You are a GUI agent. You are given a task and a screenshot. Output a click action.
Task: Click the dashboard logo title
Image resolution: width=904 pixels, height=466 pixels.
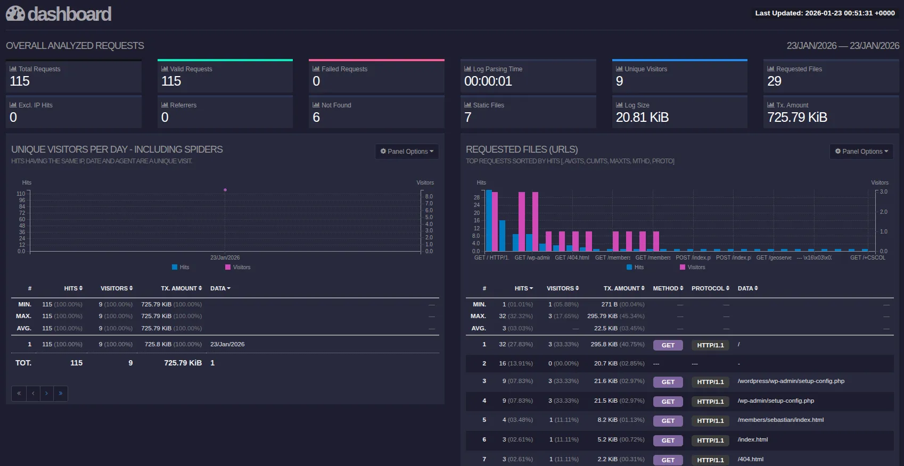point(59,14)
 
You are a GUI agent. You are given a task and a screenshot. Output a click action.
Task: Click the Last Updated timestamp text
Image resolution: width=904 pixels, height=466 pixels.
point(824,13)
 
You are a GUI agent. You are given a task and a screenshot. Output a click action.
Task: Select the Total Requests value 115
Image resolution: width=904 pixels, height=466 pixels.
point(20,81)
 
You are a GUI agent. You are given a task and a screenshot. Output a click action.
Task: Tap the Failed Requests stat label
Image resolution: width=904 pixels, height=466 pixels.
point(344,69)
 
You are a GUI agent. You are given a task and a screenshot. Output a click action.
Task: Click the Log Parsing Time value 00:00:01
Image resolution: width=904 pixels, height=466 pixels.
point(488,81)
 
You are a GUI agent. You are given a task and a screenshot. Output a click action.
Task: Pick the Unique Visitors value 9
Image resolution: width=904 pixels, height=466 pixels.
point(619,81)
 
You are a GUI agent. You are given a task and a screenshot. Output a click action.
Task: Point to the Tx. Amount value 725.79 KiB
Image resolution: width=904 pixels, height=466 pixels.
point(797,118)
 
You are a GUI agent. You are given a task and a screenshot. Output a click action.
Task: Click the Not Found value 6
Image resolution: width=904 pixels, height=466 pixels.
point(316,118)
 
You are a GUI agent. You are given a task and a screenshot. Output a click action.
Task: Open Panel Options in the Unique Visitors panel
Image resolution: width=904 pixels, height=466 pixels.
point(407,152)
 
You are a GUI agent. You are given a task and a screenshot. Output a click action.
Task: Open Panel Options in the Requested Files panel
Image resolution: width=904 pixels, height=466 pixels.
point(861,152)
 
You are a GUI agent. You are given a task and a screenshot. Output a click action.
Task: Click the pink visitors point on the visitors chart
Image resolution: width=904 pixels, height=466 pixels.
point(225,190)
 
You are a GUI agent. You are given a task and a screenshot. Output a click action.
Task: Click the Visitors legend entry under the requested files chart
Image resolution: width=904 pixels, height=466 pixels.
point(692,268)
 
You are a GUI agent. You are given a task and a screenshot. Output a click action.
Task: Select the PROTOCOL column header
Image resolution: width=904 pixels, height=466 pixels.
point(710,288)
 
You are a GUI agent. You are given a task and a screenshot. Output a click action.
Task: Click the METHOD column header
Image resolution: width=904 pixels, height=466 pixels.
point(668,288)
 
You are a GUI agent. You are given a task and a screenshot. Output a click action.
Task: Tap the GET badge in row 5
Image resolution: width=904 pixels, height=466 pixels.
point(668,421)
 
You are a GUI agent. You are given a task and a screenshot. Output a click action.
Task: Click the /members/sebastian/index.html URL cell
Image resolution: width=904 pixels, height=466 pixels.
point(780,420)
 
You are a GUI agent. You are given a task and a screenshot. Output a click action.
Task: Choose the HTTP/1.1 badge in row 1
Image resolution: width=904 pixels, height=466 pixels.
point(710,345)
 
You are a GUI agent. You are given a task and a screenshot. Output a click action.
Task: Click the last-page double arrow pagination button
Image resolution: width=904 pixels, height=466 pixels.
point(61,393)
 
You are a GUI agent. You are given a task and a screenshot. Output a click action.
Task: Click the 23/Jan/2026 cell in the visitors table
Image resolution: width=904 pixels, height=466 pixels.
point(227,344)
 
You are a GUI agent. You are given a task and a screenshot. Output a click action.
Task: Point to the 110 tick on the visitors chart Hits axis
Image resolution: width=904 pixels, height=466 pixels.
point(21,194)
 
